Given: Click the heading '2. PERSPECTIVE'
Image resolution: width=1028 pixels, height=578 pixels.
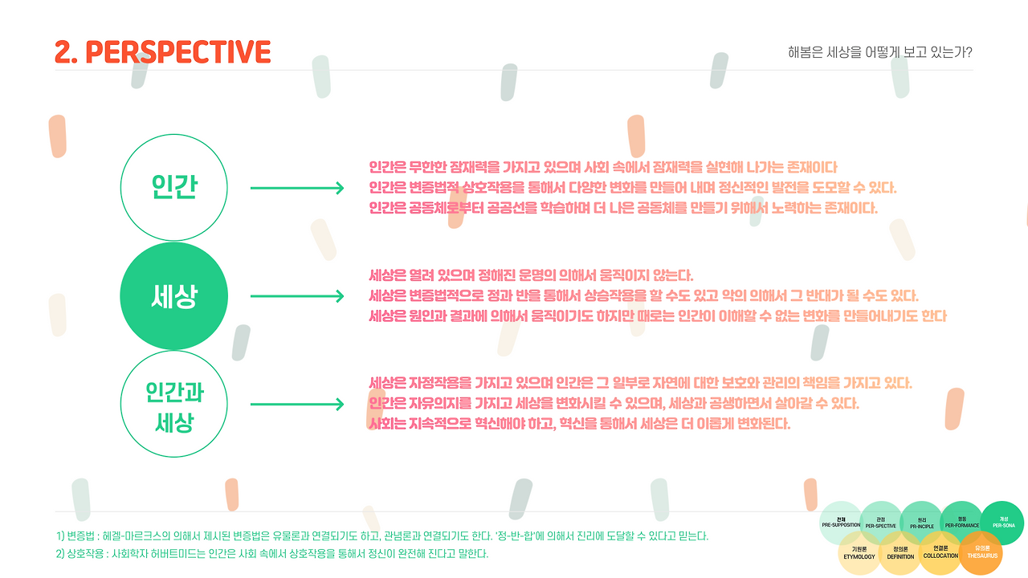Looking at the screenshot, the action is tap(163, 52).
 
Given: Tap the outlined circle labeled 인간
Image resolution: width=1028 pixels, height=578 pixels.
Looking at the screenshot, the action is tap(174, 187).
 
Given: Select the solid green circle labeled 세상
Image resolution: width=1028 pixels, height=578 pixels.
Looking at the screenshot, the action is tap(174, 297).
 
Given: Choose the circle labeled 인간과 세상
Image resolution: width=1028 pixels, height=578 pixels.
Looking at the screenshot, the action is tap(174, 405).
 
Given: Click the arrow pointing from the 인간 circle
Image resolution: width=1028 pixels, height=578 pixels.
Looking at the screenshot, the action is tap(297, 188).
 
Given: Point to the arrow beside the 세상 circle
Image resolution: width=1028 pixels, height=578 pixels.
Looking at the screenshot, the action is tap(297, 297).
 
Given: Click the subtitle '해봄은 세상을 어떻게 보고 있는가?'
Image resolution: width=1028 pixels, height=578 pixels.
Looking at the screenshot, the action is tap(880, 53).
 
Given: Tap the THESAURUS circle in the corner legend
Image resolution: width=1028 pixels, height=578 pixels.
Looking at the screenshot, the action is tap(981, 553).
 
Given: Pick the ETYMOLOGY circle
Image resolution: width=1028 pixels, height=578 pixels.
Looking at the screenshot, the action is tap(859, 553).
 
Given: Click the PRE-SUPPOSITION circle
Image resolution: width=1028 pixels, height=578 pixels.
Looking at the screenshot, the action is tap(840, 523).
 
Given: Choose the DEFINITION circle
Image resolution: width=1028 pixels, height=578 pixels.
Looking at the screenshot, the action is tap(900, 553).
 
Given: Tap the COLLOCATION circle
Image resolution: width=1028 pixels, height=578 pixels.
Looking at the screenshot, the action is tap(940, 553).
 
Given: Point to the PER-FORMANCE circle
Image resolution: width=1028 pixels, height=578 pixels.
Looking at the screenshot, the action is tap(961, 523).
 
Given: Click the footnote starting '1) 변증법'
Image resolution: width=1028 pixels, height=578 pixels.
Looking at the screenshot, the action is tap(382, 535).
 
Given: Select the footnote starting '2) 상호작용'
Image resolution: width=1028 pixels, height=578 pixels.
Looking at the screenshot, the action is tap(272, 553).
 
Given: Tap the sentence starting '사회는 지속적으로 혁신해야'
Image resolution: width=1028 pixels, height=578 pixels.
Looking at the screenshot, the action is tap(580, 423).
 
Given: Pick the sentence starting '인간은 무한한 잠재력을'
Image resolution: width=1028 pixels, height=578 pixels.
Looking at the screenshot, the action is tap(603, 167).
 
